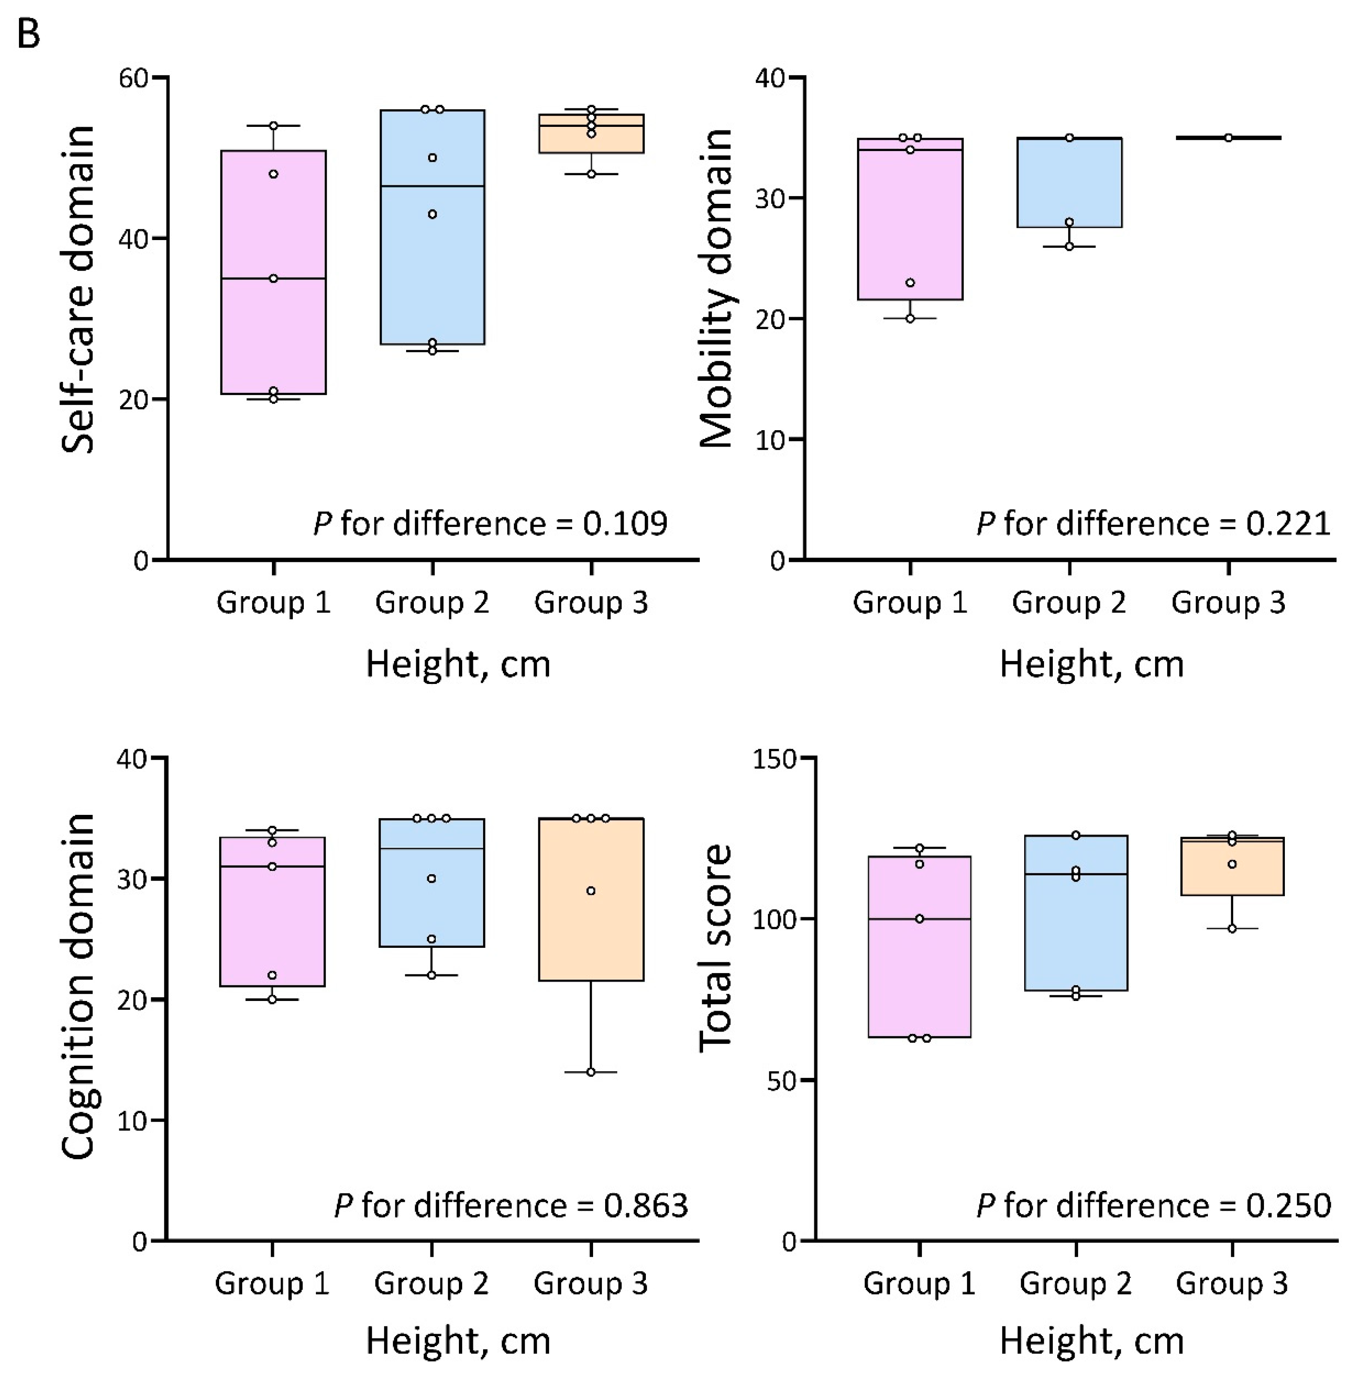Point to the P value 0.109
click(624, 524)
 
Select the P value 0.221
click(1288, 524)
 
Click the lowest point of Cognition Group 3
click(591, 1072)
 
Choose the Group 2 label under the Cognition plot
click(431, 1284)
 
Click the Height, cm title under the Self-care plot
click(458, 664)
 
